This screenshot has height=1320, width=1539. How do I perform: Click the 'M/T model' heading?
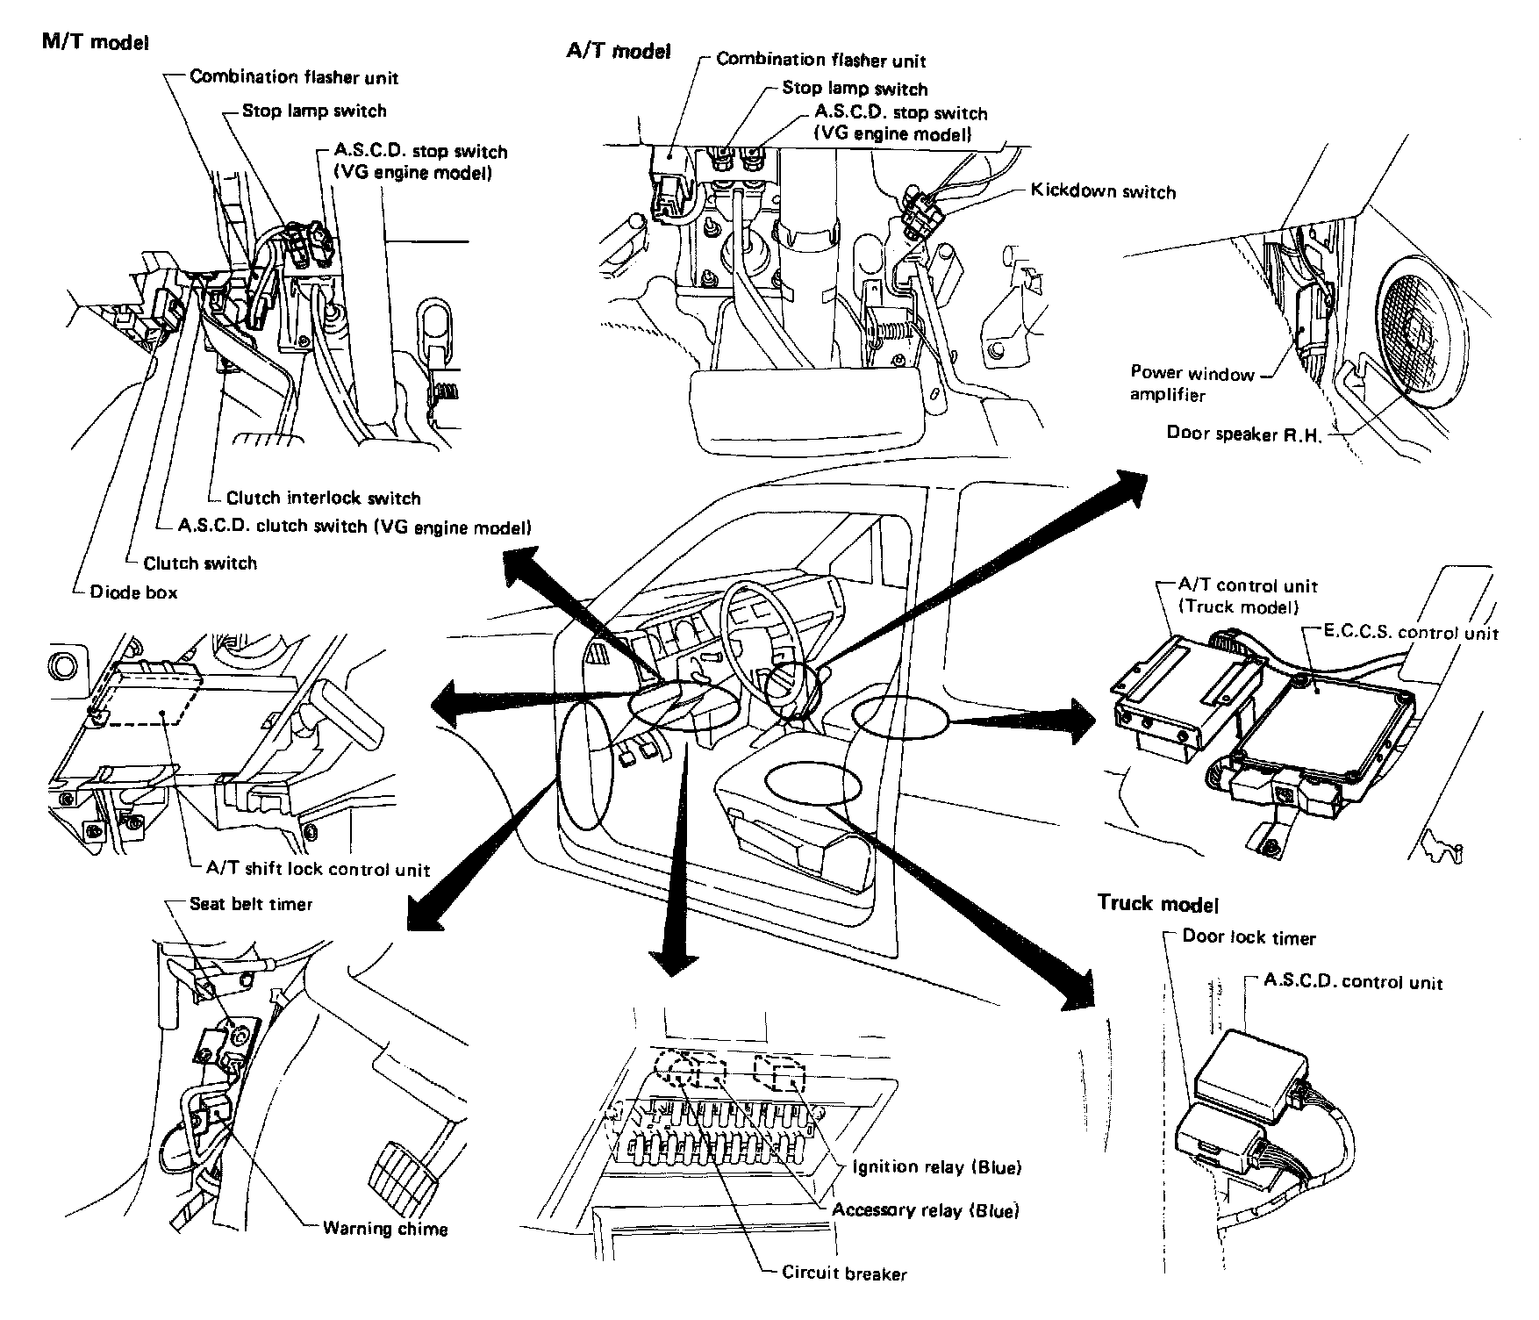pyautogui.click(x=96, y=42)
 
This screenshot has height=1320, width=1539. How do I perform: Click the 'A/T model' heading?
pyautogui.click(x=619, y=51)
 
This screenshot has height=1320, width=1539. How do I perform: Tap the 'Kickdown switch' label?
pyautogui.click(x=1103, y=191)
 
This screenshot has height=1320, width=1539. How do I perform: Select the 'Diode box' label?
pyautogui.click(x=133, y=592)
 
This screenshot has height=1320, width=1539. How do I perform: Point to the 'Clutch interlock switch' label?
pyautogui.click(x=324, y=499)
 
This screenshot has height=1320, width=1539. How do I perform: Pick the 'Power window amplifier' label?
pyautogui.click(x=1192, y=384)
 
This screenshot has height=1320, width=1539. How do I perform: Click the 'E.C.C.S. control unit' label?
pyautogui.click(x=1400, y=633)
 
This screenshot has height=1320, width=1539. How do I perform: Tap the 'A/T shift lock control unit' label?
pyautogui.click(x=318, y=870)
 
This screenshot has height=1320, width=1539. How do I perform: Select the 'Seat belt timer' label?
pyautogui.click(x=251, y=904)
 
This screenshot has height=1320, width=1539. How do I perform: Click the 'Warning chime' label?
pyautogui.click(x=385, y=1228)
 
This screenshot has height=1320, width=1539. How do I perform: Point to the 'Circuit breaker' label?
pyautogui.click(x=844, y=1273)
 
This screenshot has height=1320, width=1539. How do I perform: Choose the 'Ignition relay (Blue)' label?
pyautogui.click(x=937, y=1168)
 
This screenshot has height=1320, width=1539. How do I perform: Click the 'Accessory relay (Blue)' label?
pyautogui.click(x=926, y=1211)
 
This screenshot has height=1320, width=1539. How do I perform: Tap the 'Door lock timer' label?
pyautogui.click(x=1249, y=937)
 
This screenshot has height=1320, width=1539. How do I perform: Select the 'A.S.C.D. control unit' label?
pyautogui.click(x=1353, y=982)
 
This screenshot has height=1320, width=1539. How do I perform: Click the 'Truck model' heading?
pyautogui.click(x=1158, y=903)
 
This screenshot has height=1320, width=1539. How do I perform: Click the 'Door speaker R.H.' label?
pyautogui.click(x=1243, y=433)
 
